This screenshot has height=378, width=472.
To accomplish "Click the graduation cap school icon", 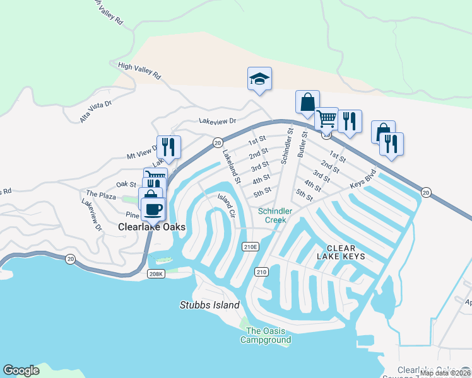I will [x=259, y=79].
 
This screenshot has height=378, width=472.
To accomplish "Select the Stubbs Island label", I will [x=208, y=306].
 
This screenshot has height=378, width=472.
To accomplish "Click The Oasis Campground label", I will [x=266, y=336].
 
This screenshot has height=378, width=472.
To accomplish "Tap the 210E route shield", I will [x=251, y=247].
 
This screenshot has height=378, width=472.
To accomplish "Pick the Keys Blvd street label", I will [x=363, y=180].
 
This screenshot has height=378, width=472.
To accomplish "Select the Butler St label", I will [x=302, y=144].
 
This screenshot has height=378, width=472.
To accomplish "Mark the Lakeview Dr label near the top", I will [x=217, y=121].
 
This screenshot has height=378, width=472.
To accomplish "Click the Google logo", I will [x=21, y=370].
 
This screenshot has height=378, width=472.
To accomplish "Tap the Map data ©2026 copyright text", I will [x=445, y=373].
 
